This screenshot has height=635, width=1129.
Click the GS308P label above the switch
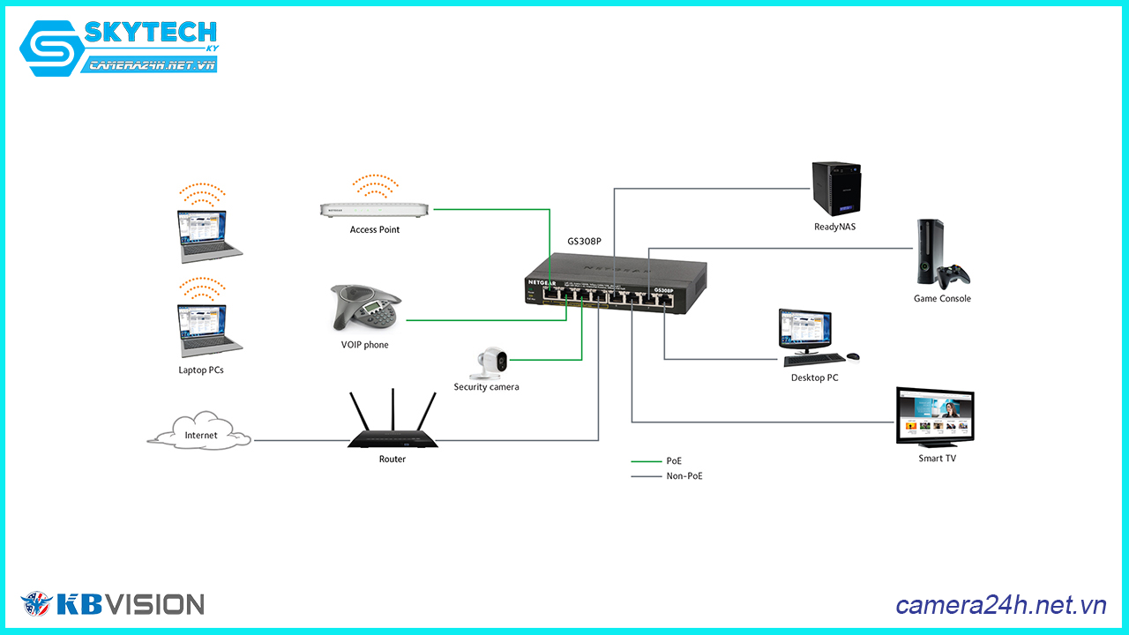click(x=584, y=241)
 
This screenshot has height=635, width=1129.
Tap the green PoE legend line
click(x=646, y=461)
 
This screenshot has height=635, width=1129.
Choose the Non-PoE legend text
click(x=684, y=476)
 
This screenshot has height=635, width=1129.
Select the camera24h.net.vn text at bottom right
click(x=1000, y=605)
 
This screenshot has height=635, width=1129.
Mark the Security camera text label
click(x=486, y=387)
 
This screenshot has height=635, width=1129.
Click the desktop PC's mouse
click(x=853, y=357)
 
